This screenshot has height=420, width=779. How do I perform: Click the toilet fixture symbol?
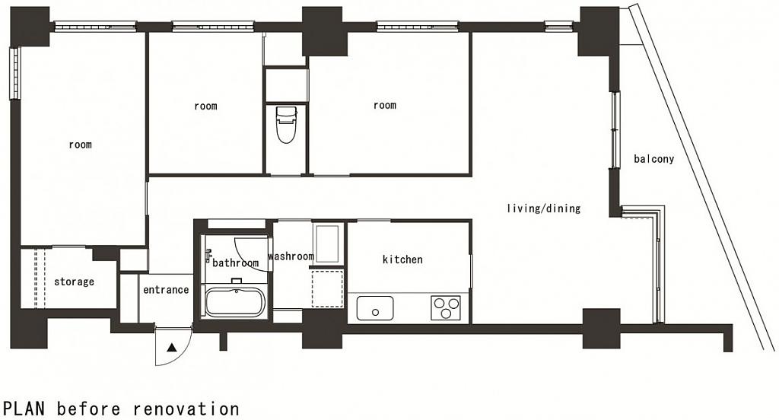tap(286, 125)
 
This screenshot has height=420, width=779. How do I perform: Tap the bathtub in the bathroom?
tap(234, 302)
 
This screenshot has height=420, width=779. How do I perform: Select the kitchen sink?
tap(375, 308)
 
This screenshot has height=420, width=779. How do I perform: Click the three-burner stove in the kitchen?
tap(446, 307)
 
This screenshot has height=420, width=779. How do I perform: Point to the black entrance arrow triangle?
tap(172, 348)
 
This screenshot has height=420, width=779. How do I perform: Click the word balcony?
tap(653, 159)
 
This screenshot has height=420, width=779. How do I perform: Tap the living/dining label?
tap(543, 208)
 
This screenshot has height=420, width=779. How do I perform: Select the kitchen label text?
tap(402, 259)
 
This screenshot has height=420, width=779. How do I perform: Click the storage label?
tap(74, 282)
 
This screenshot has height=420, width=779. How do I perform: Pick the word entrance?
tap(166, 290)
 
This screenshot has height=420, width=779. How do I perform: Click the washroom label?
tap(291, 256)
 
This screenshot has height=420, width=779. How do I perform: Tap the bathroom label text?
tap(236, 263)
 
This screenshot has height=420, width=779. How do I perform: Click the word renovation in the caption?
tap(186, 409)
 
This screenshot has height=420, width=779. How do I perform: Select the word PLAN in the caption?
tap(24, 409)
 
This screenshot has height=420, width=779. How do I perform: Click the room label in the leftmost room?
tap(80, 145)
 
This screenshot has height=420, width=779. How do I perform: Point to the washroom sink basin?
tap(328, 243)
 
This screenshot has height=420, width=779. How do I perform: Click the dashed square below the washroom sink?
tap(327, 288)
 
